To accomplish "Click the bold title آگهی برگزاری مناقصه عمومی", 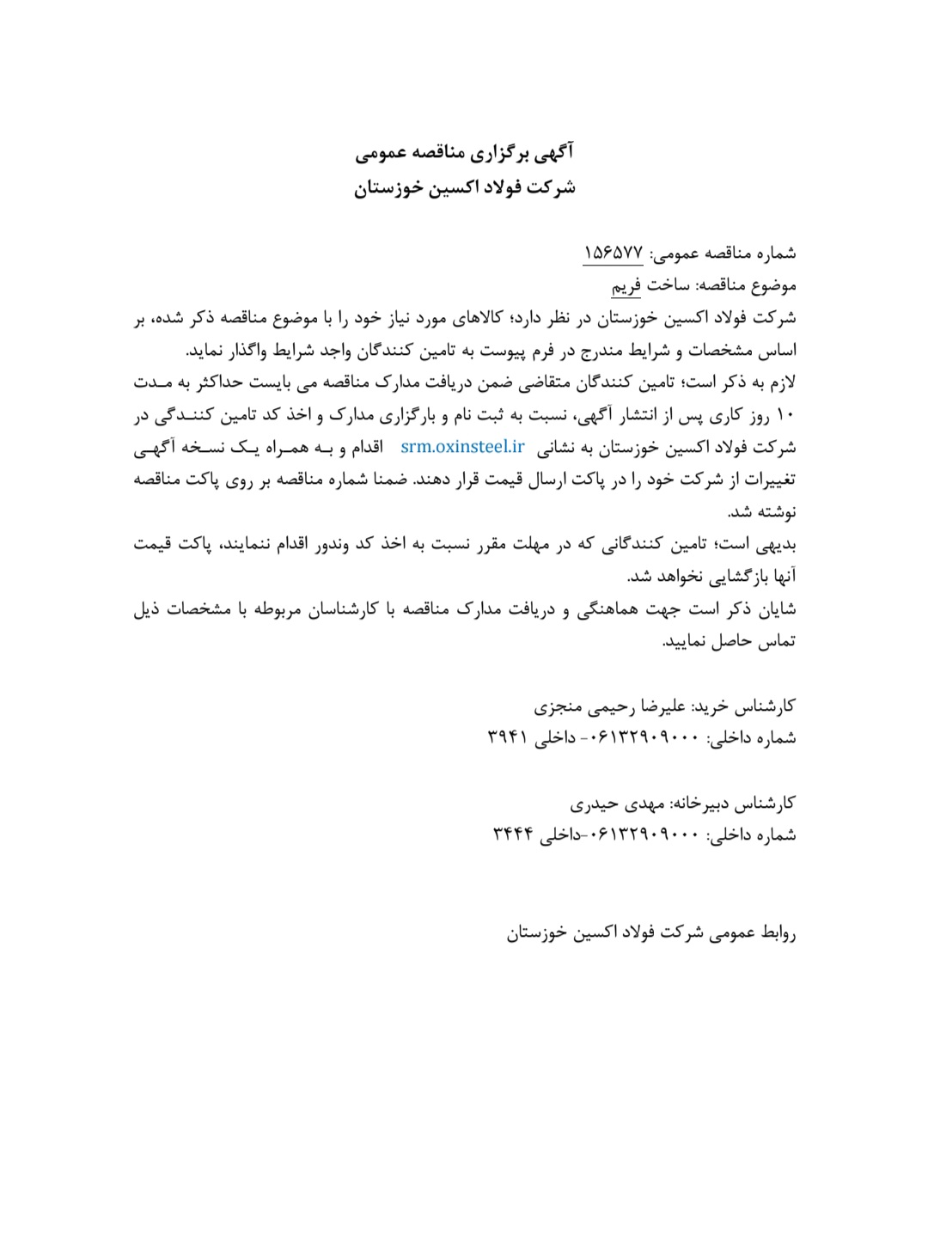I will [464, 154].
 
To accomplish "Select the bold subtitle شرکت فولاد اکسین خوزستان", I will [464, 186].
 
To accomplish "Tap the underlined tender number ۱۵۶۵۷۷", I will [614, 253].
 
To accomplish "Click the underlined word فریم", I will [626, 284].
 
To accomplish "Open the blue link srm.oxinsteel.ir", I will [462, 446].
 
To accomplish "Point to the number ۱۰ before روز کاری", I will [786, 415].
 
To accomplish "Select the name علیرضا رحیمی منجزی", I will [610, 706].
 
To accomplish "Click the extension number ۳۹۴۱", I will [506, 737].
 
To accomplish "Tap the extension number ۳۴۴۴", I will [512, 834].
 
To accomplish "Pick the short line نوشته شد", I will [762, 512].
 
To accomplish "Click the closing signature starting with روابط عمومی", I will [650, 932].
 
